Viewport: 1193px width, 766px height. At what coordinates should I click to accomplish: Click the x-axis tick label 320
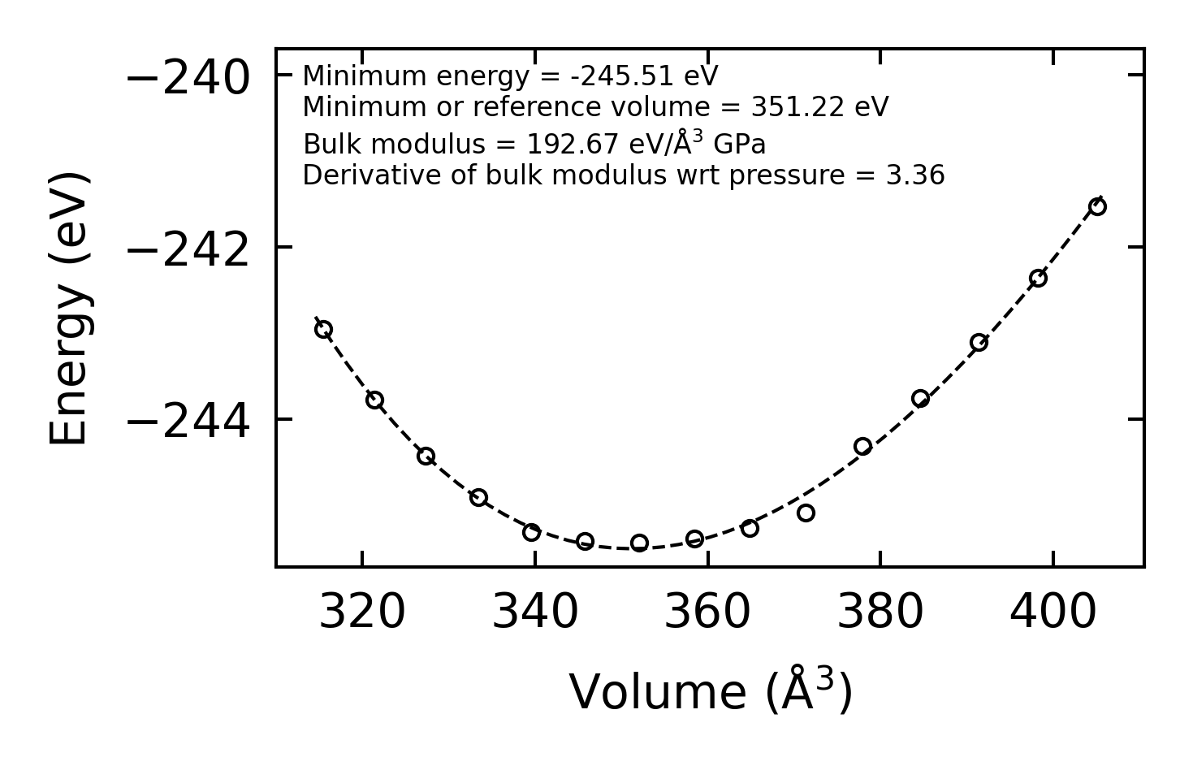(362, 612)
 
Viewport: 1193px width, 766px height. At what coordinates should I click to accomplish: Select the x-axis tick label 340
(535, 612)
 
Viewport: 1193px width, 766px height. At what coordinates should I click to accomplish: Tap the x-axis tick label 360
(707, 612)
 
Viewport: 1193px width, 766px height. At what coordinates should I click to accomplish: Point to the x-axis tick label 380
(880, 612)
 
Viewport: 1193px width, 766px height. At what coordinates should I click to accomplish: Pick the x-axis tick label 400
(1053, 612)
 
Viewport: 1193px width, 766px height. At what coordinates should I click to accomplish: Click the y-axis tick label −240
(188, 79)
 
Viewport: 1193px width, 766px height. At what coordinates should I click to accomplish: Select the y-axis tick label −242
(188, 251)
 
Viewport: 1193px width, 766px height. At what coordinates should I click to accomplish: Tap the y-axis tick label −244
(188, 423)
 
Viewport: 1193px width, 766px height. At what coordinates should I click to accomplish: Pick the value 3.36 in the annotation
(915, 175)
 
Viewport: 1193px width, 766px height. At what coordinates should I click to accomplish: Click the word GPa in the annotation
(740, 145)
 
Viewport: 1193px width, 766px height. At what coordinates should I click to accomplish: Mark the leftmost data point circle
(323, 329)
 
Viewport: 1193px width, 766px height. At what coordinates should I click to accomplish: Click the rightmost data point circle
(1097, 206)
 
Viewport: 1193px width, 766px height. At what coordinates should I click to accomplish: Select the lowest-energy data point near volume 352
(639, 543)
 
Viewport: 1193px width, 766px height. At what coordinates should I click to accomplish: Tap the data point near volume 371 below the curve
(806, 513)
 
